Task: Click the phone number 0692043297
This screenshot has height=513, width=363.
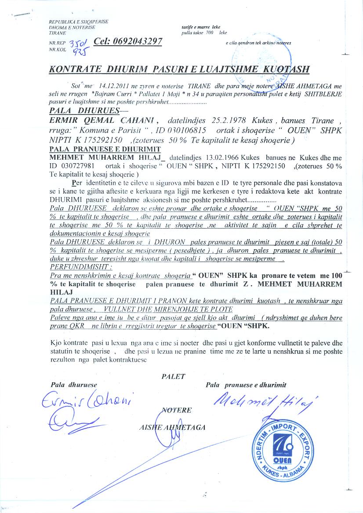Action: tap(132, 42)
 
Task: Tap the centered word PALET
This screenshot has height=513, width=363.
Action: tap(174, 376)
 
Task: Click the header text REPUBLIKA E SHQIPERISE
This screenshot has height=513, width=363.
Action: tap(79, 22)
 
